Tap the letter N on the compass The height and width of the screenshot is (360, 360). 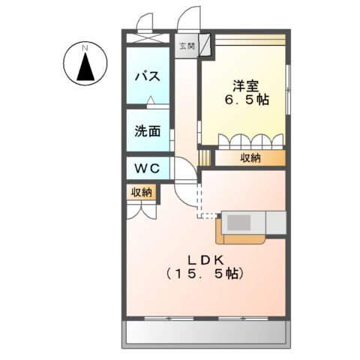click(85, 48)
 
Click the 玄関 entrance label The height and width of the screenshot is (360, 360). click(185, 46)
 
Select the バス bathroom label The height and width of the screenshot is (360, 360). click(145, 76)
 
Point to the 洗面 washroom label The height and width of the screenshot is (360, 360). click(147, 130)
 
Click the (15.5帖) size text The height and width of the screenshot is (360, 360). click(203, 274)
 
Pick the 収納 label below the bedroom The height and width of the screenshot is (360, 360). click(250, 157)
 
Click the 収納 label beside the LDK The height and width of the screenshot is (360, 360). click(142, 192)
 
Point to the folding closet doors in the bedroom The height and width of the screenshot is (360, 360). click(250, 140)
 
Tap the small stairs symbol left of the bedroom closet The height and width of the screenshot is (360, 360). click(205, 157)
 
